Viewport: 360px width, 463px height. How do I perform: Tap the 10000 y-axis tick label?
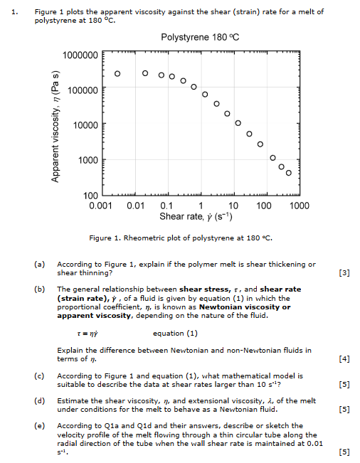pos(85,126)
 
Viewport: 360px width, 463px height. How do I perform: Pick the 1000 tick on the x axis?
pos(299,206)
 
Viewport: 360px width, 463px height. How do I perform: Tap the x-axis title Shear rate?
pos(201,216)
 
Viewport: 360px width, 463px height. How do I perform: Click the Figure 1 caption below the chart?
pos(181,238)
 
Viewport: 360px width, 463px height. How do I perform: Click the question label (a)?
pos(39,265)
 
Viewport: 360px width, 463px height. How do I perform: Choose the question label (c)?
pos(39,376)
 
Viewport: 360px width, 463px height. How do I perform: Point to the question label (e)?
pos(39,425)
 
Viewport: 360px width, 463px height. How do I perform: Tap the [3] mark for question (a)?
pos(345,273)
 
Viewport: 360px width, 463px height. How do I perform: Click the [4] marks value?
pos(345,358)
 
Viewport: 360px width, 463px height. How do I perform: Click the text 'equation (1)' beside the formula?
pos(175,333)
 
